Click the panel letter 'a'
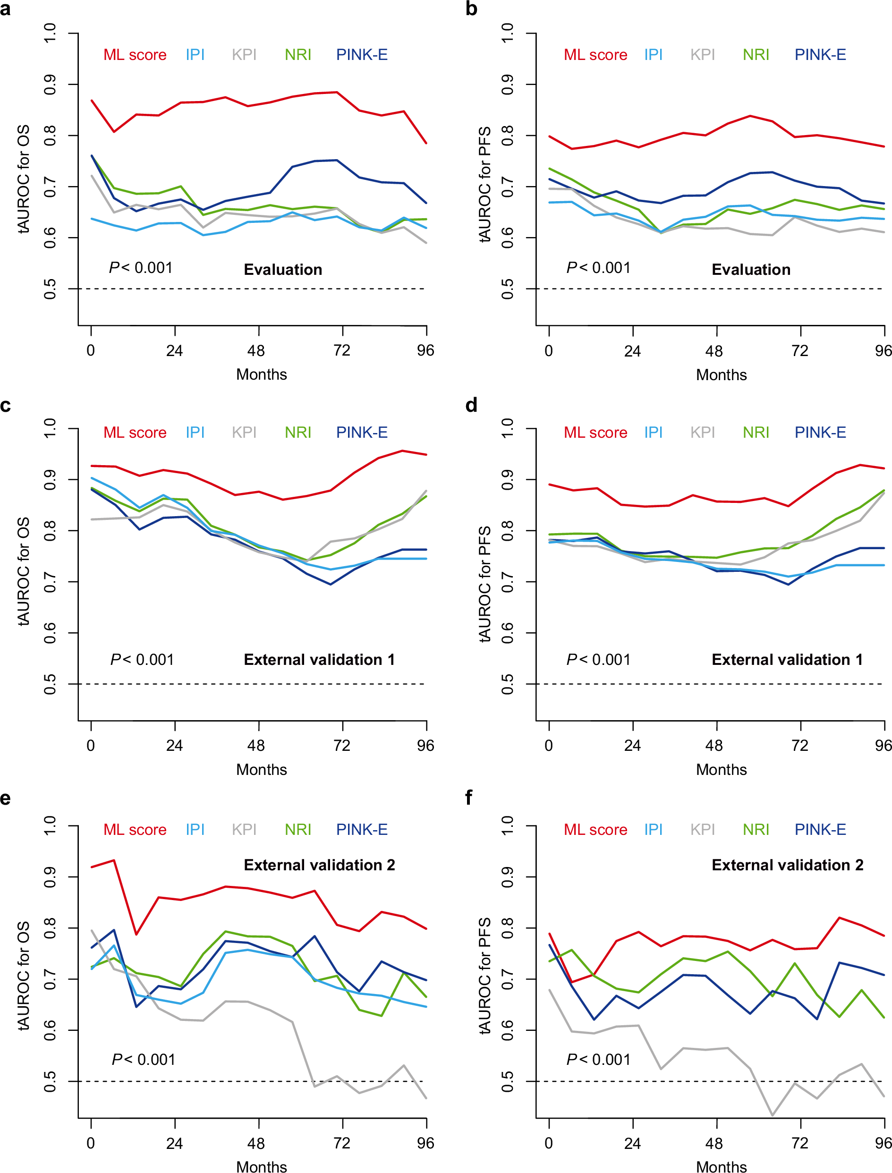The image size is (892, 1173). (5, 9)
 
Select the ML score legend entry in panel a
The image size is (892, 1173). (135, 55)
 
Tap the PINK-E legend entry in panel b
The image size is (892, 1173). (820, 55)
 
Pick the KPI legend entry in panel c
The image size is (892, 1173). (244, 432)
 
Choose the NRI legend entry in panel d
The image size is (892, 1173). (756, 432)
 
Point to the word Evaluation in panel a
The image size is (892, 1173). (283, 270)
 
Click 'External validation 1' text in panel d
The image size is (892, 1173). (787, 660)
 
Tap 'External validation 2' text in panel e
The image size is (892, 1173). (319, 865)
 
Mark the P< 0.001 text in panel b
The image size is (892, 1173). (598, 268)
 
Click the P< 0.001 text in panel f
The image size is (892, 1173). (598, 1059)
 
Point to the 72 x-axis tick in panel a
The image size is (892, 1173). (342, 350)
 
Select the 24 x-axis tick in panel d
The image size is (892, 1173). (632, 746)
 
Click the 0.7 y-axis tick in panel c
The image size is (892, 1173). (50, 582)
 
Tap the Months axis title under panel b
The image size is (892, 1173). (721, 375)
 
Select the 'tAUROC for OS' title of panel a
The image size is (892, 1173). (24, 179)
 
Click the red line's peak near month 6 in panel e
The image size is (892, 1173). (114, 860)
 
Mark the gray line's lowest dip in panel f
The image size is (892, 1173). (773, 1115)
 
